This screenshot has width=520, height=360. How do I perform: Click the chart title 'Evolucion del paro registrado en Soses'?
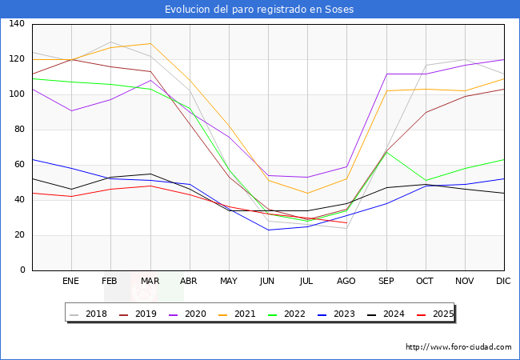(259, 10)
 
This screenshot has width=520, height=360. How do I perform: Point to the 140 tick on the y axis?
(17, 24)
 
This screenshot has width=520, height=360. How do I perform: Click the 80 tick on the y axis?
(19, 130)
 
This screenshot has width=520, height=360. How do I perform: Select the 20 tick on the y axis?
(19, 235)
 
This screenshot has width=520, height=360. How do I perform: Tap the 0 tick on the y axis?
(22, 270)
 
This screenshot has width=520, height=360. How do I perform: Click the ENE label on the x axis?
(70, 282)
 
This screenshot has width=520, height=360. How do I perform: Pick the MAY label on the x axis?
(229, 282)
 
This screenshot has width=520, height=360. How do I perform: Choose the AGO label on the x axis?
(346, 282)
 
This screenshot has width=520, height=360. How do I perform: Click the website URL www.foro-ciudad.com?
(458, 347)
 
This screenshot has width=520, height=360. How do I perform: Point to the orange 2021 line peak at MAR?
(150, 43)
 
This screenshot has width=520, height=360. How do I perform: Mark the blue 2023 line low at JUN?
(268, 230)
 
